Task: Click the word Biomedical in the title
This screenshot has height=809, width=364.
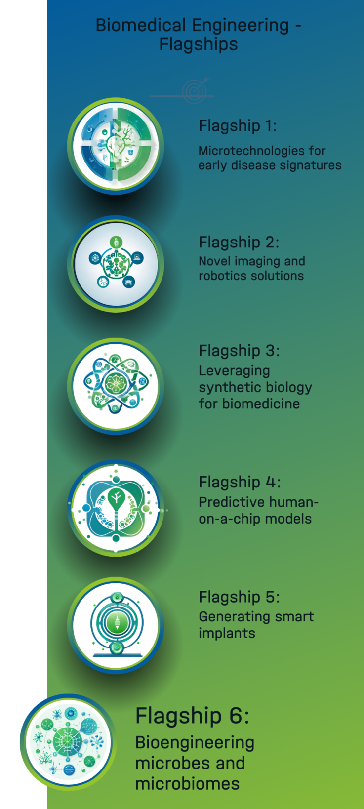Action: [141, 26]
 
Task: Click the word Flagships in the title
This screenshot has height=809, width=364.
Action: [199, 45]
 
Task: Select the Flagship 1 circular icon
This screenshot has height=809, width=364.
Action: [116, 146]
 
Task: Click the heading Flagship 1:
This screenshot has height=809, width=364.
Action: [238, 126]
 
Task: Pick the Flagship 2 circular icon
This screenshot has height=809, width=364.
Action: [116, 264]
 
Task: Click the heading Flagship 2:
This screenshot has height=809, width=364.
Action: [239, 243]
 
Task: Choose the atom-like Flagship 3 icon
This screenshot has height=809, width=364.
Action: [116, 386]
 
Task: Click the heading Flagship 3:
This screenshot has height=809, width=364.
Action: [240, 351]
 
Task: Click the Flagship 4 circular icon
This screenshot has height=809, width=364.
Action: [116, 508]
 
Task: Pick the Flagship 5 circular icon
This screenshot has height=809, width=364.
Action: [116, 625]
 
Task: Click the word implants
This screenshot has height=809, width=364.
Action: [227, 634]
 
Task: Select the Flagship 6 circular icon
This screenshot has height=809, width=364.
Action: [68, 742]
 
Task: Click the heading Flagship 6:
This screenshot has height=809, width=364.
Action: [193, 716]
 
